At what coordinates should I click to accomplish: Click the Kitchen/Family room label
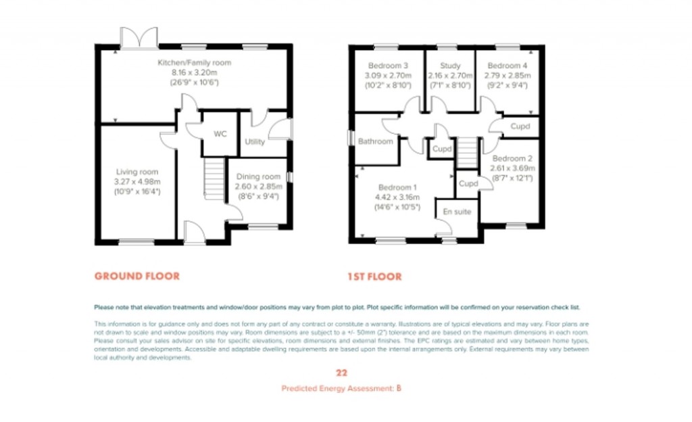[194, 63]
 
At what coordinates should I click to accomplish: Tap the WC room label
[220, 134]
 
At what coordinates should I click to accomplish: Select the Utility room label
[255, 142]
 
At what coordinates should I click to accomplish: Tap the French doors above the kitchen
[139, 38]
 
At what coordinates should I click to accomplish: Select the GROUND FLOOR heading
[137, 276]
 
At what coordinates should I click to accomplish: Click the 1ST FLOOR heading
[374, 276]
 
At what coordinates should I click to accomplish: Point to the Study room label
[450, 66]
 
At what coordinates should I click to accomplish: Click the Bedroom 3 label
[387, 66]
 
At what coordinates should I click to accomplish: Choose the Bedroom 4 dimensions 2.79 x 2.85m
[508, 76]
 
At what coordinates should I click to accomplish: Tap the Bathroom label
[375, 141]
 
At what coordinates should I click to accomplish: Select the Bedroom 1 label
[397, 187]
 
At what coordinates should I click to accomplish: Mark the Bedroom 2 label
[512, 158]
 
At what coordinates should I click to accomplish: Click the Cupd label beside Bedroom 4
[520, 126]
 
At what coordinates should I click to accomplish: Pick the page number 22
[341, 373]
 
